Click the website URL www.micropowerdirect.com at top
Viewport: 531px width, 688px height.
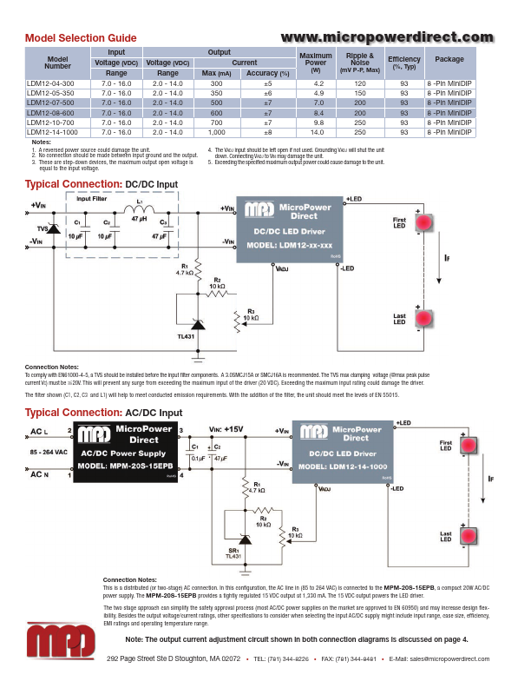[387, 36]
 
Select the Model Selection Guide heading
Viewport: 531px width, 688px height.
[81, 38]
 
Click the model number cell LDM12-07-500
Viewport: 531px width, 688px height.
[57, 103]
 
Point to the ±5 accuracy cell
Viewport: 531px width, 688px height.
[267, 83]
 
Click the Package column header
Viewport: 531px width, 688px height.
[449, 59]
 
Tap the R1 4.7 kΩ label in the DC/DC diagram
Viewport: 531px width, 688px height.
[184, 269]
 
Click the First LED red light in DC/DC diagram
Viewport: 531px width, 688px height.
[423, 223]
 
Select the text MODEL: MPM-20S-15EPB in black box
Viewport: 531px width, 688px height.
[127, 466]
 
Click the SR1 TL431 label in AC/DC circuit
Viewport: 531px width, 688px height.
[233, 552]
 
